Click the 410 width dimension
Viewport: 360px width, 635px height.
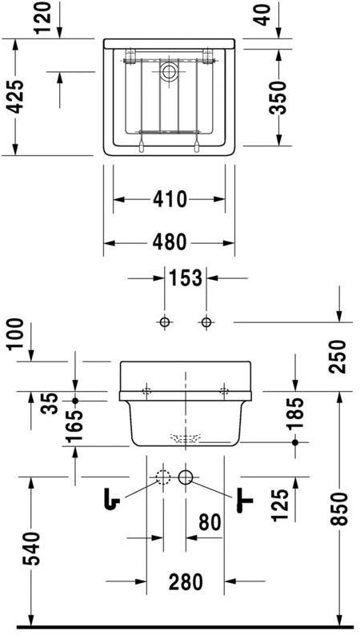[169, 199]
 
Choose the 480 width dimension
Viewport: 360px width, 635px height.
[169, 241]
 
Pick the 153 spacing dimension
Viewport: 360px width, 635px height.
[185, 279]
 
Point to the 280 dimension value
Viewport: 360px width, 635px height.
[185, 581]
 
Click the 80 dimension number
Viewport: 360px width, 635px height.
[208, 524]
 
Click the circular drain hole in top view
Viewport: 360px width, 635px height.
[169, 72]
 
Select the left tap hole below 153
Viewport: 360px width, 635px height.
[164, 322]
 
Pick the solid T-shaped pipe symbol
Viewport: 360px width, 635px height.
[245, 501]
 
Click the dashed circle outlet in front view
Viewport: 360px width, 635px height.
[163, 478]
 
